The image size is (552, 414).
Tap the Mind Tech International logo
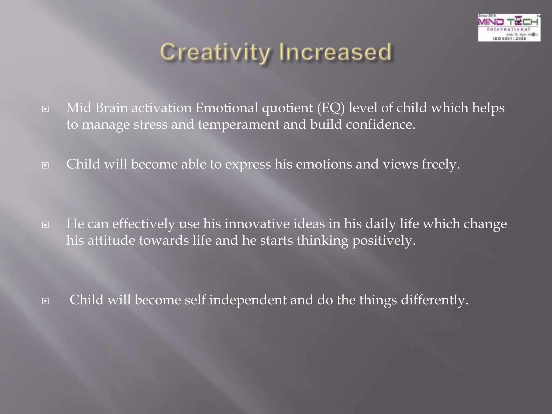pyautogui.click(x=509, y=27)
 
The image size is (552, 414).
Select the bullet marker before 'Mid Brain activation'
pyautogui.click(x=46, y=109)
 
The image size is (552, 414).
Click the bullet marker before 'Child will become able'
pyautogui.click(x=46, y=165)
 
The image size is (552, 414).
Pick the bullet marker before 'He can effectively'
pyautogui.click(x=46, y=225)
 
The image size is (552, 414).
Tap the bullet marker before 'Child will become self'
pyautogui.click(x=46, y=301)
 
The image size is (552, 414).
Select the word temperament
pyautogui.click(x=239, y=125)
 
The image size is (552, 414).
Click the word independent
pyautogui.click(x=248, y=300)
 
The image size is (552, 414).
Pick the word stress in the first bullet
pyautogui.click(x=150, y=125)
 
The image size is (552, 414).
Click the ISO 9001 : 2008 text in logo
pyautogui.click(x=509, y=39)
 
